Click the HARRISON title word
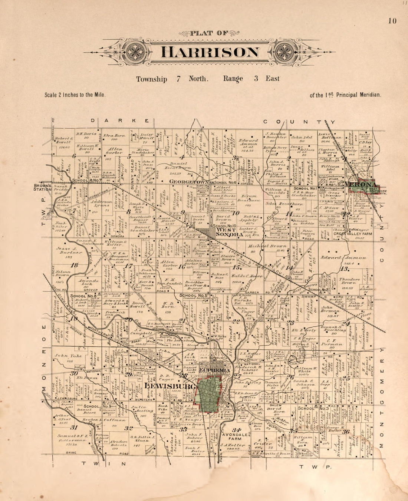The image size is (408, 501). (210, 52)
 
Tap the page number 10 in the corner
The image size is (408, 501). (392, 21)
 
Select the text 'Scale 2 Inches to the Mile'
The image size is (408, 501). (75, 95)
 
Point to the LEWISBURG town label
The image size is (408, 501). (170, 386)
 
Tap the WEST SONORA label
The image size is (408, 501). (226, 232)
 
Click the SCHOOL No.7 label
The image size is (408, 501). (87, 181)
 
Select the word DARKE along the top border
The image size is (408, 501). (121, 121)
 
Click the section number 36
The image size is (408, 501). (346, 432)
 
